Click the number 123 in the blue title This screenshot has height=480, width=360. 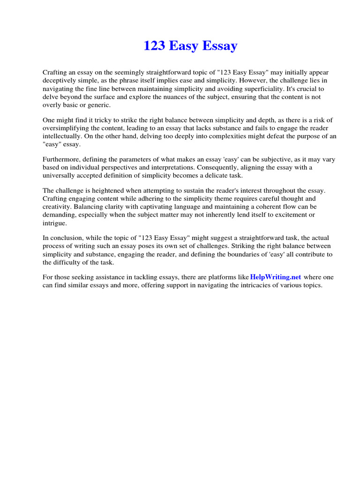coord(154,46)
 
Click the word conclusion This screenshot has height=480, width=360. coord(67,238)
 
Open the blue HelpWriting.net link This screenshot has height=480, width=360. coord(276,277)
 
